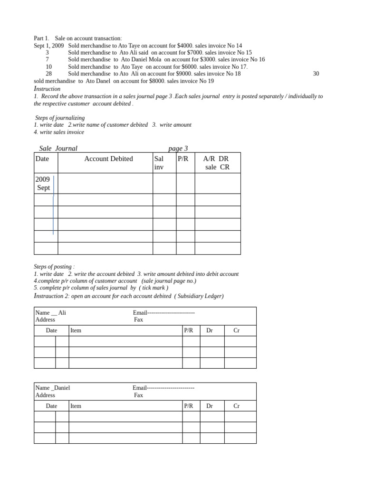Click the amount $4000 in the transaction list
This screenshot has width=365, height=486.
coord(185,46)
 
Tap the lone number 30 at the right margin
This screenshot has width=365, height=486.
coord(316,74)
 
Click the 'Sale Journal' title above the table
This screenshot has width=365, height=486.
coord(58,149)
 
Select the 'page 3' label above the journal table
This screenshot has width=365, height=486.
coord(178,149)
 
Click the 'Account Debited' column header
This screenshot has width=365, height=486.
coord(108,159)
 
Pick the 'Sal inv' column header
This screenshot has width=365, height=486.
coord(159,163)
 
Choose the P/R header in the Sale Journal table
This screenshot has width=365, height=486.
coord(183,159)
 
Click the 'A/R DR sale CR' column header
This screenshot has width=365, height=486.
coord(217,163)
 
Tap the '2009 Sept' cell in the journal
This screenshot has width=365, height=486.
coord(43,183)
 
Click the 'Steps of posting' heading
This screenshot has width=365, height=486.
coord(54,267)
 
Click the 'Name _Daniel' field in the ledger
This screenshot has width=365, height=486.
coord(52,388)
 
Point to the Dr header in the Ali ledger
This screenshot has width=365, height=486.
coord(210,330)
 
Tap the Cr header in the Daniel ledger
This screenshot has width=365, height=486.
coord(236,406)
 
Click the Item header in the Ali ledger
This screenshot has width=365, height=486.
coord(76,330)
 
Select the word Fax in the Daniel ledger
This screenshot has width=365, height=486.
coord(138,395)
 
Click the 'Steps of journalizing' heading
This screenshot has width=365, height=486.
coord(60,118)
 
